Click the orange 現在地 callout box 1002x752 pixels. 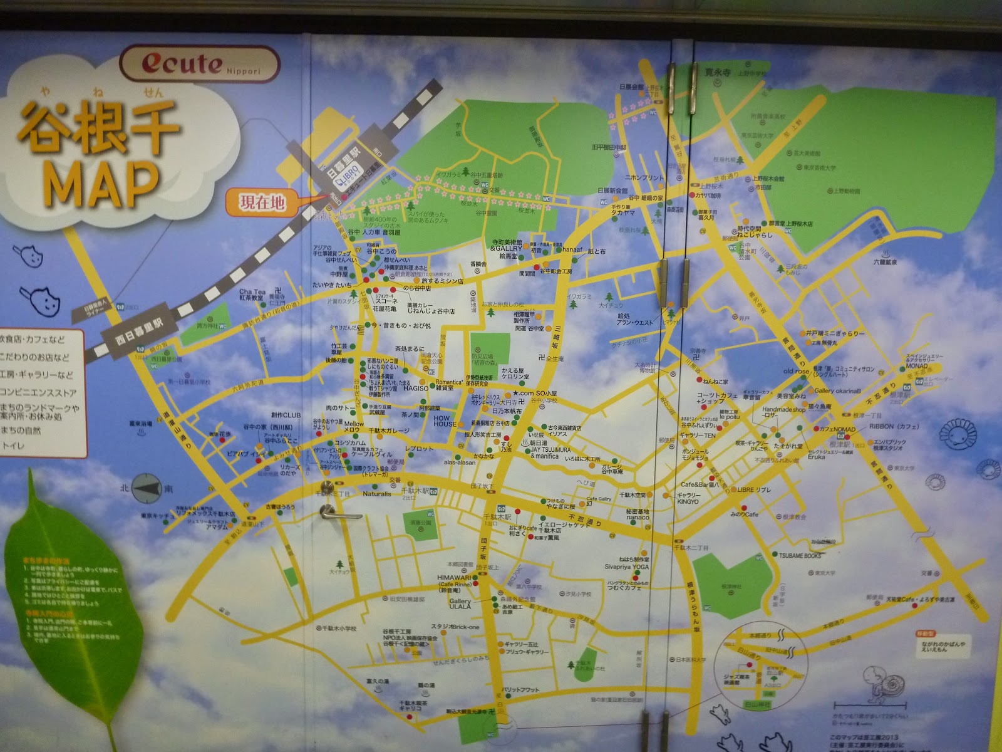[262, 202]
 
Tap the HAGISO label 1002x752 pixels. [416, 389]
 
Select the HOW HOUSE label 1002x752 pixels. [445, 420]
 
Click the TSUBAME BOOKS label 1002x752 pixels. [800, 556]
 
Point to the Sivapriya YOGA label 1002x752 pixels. [626, 567]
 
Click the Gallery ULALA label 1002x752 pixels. [460, 603]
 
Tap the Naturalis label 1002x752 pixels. [377, 494]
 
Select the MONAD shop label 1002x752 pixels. [917, 366]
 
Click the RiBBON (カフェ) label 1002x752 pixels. [894, 426]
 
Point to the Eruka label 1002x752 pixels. [816, 457]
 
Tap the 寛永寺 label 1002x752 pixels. [718, 73]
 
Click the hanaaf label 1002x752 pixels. [572, 249]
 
